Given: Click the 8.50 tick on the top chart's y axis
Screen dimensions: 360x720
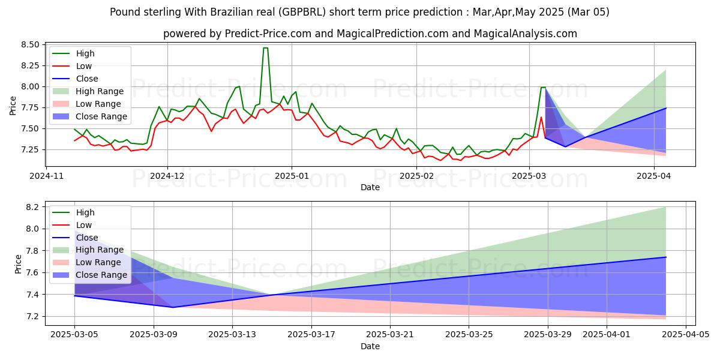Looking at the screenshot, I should click(x=29, y=44).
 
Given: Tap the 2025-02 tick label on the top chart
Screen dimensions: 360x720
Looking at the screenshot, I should click(x=417, y=176).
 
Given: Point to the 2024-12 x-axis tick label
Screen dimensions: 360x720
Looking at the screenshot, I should click(x=167, y=176).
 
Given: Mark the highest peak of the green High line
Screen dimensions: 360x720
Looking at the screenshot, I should click(x=265, y=48).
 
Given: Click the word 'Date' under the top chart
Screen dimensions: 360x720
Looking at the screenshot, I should click(x=370, y=187).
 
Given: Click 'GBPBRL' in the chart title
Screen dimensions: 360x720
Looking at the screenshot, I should click(x=284, y=11).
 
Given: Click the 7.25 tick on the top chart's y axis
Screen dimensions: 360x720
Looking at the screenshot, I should click(x=29, y=149).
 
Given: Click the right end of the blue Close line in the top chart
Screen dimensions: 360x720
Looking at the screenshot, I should click(x=666, y=108).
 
